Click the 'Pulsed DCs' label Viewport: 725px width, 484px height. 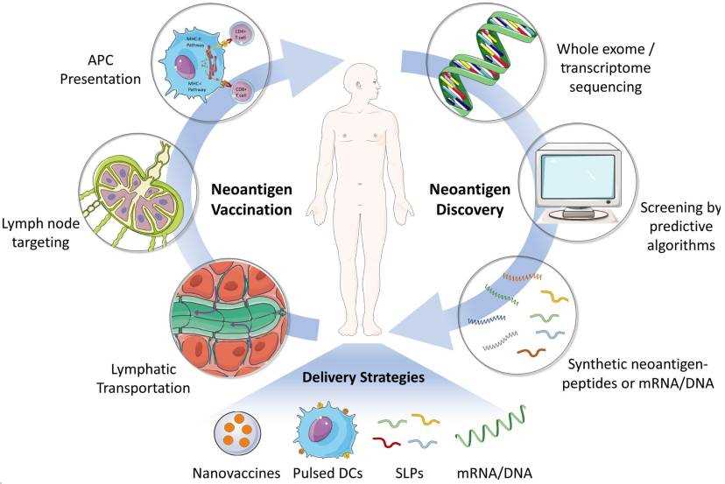coord(327,473)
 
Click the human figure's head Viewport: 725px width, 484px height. coord(361,84)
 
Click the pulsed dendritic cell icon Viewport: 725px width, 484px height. coord(323,429)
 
